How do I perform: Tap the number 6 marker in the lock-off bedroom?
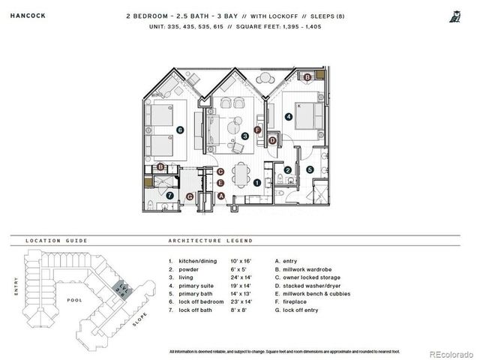tap(180, 130)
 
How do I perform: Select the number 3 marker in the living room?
tap(245, 136)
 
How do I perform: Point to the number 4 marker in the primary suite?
tap(289, 116)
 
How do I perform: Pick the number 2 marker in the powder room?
tap(287, 169)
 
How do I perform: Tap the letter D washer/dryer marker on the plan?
tap(272, 139)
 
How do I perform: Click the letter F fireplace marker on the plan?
tap(257, 130)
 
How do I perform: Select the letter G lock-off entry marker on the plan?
tap(190, 196)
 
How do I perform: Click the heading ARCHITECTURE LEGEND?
tap(210, 241)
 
